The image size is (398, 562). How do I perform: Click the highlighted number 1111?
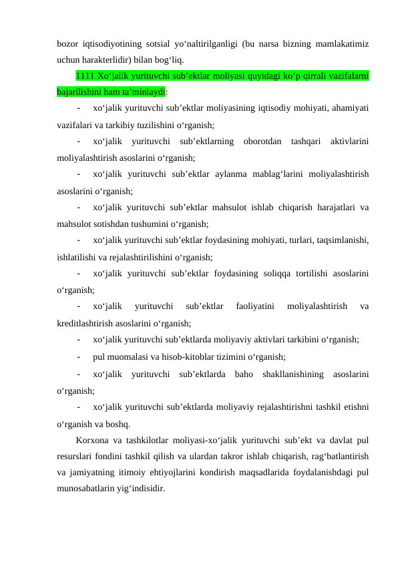[86, 75]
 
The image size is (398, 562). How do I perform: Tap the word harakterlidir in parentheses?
[108, 59]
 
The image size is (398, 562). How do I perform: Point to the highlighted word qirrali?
[311, 75]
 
